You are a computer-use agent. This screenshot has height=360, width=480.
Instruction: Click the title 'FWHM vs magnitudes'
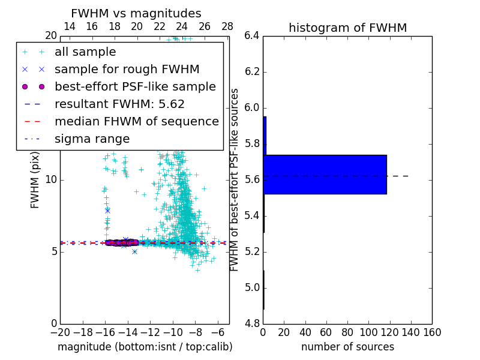pos(136,13)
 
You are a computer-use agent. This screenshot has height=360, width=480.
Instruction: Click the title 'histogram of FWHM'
pos(347,28)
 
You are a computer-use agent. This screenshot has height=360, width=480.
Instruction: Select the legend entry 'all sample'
pos(85,52)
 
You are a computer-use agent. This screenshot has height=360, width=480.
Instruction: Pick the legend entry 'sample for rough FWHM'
pos(127,69)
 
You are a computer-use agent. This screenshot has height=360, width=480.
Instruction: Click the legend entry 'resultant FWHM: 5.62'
pos(119,104)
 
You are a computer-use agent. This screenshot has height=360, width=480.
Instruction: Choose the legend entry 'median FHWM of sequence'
pos(136,121)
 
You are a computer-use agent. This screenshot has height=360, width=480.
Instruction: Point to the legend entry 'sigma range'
pos(92,139)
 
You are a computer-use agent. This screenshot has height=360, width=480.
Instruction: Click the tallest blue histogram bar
pos(325,175)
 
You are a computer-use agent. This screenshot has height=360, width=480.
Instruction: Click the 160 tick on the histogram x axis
pos(432,332)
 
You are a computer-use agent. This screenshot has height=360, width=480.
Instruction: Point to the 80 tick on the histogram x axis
pos(347,332)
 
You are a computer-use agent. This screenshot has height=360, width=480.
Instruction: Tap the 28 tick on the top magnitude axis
pos(227,26)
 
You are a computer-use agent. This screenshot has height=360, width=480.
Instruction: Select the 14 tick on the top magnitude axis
pos(69,26)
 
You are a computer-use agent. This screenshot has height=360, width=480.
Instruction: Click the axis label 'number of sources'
pos(347,347)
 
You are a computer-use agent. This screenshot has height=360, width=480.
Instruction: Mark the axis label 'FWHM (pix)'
pos(35,179)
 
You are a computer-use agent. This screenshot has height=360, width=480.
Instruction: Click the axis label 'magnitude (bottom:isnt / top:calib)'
pos(145,347)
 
